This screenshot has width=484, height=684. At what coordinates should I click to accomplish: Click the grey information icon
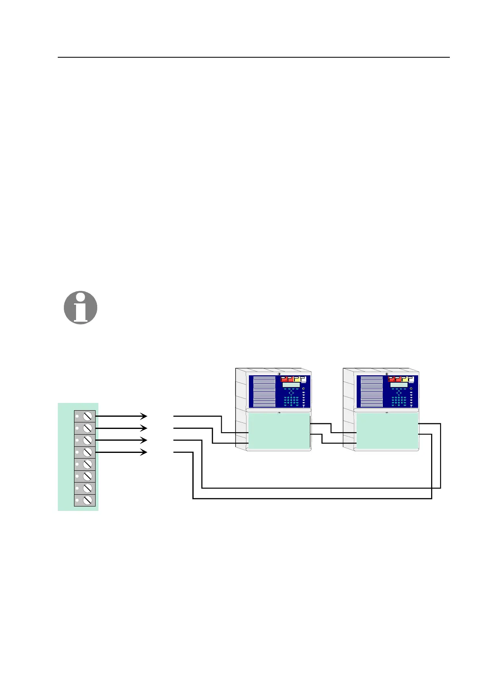click(x=81, y=307)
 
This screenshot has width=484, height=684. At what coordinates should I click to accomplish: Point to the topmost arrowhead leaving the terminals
click(x=143, y=416)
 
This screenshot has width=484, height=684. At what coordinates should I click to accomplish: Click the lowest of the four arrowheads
click(x=143, y=452)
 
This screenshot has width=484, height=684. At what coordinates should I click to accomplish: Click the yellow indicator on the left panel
click(x=297, y=379)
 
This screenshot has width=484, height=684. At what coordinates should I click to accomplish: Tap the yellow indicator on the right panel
click(x=405, y=379)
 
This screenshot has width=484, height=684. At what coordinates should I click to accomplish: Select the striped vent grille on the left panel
click(x=264, y=391)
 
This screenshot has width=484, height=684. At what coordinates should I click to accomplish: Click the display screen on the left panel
click(x=291, y=385)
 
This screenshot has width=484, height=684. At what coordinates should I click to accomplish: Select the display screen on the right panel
click(x=399, y=385)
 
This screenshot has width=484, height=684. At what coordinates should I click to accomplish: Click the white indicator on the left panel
click(x=303, y=379)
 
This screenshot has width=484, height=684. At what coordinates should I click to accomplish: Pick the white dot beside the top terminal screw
click(x=77, y=416)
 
